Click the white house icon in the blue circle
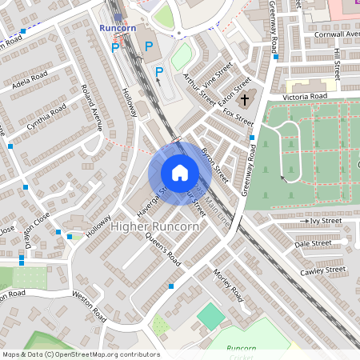180,173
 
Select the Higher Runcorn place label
156,227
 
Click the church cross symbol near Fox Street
246,102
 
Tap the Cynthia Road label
46,118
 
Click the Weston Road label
89,306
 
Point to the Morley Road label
228,285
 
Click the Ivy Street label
326,220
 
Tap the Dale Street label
313,243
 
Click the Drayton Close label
38,230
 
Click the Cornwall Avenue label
338,34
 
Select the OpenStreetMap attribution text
80,354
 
